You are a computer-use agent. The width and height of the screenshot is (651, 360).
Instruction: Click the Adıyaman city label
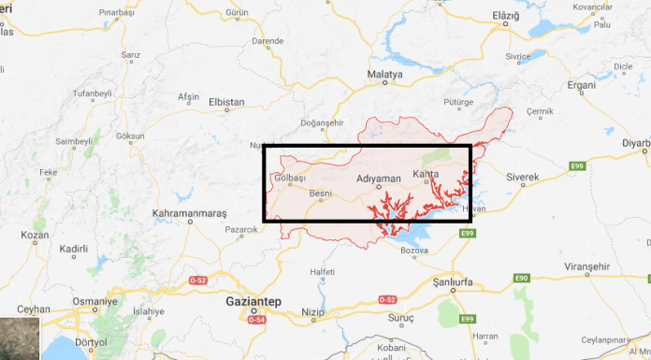pos(379,178)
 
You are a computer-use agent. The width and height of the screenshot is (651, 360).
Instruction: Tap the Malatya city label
pos(384,73)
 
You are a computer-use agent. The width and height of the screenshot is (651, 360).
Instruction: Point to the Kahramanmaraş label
pos(189,213)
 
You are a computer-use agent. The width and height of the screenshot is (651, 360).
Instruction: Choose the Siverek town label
pos(523,177)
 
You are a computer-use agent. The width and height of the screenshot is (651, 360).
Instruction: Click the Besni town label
pos(321,194)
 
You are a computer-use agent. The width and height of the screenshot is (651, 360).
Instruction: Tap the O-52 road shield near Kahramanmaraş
pos(198,280)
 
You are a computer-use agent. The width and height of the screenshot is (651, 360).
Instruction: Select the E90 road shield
pos(521,278)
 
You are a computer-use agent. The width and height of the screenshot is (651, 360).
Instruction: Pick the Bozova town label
pos(413,251)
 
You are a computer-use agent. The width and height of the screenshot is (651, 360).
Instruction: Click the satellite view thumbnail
pos(20,338)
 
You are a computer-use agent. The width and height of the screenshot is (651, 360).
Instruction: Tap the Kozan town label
pos(35,235)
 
